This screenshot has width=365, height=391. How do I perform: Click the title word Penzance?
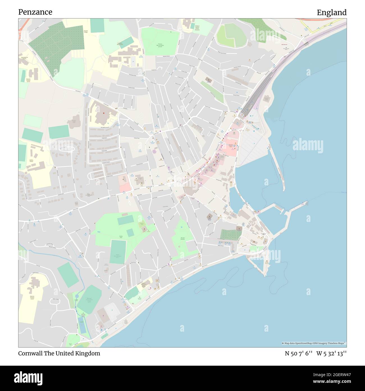pyautogui.click(x=35, y=12)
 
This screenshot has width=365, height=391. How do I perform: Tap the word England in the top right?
pyautogui.click(x=332, y=13)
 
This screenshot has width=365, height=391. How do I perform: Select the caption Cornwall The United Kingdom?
pyautogui.click(x=59, y=353)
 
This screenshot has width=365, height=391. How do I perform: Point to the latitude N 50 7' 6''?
pyautogui.click(x=299, y=354)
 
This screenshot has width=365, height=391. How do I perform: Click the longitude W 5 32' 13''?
pyautogui.click(x=331, y=354)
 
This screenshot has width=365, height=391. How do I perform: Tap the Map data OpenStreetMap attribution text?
pyautogui.click(x=314, y=343)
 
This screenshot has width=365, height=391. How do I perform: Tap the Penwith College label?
pyautogui.click(x=86, y=32)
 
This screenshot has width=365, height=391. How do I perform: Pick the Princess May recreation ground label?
pyautogui.click(x=160, y=45)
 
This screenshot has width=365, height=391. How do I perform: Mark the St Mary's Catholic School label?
pyautogui.click(x=197, y=28)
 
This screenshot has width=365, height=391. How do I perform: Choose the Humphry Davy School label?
pyautogui.click(x=120, y=44)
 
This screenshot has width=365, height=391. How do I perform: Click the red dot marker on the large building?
pyautogui.click(x=103, y=113)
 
